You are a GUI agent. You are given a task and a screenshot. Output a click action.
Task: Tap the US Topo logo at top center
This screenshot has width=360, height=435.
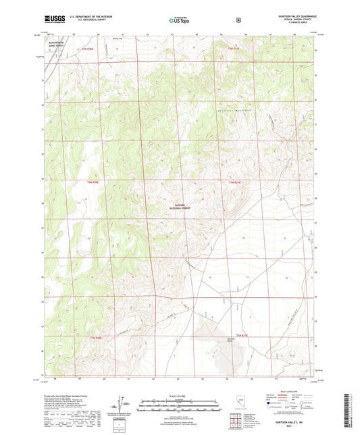179,20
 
